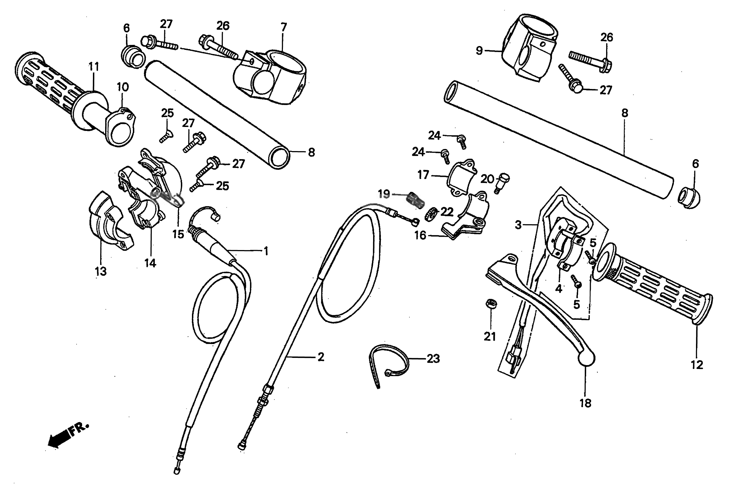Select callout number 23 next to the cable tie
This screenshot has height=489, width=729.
(x=433, y=359)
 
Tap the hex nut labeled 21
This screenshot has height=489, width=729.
(x=491, y=304)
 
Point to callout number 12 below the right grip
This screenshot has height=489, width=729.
(x=697, y=365)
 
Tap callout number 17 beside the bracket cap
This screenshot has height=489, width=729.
(x=423, y=175)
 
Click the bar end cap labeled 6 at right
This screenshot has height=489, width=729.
(x=689, y=198)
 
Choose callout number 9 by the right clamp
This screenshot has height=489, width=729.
(x=479, y=50)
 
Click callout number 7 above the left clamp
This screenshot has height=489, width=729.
(x=283, y=27)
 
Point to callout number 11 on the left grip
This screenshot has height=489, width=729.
(x=94, y=67)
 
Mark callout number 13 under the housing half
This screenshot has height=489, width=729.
(x=100, y=271)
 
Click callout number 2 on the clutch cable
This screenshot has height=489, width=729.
(x=321, y=357)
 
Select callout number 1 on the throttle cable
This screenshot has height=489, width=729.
(x=266, y=251)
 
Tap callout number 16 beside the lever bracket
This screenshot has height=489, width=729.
(x=420, y=235)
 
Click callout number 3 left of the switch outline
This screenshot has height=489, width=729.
(x=518, y=225)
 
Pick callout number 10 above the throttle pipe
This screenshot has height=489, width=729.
(x=123, y=87)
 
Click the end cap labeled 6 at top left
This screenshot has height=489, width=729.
(x=133, y=57)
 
